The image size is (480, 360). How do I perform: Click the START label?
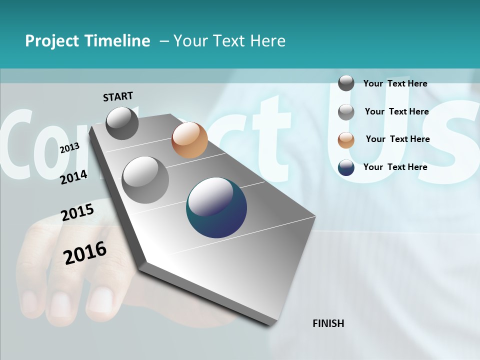tap(118, 96)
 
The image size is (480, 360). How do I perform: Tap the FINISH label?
tap(328, 323)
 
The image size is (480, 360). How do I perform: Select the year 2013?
tap(69, 148)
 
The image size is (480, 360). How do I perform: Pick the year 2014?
tap(73, 177)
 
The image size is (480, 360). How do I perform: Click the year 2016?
tap(85, 252)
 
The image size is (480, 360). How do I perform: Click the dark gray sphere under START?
tap(122, 123)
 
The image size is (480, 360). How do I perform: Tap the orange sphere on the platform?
tap(189, 140)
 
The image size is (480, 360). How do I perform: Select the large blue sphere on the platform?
tap(216, 207)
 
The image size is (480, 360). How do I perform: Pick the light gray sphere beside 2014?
tap(145, 180)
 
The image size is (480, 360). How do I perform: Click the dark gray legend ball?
tap(346, 83)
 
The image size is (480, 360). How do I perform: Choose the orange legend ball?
tap(346, 140)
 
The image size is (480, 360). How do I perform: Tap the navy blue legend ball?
tap(346, 167)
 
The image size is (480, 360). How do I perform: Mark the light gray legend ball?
tap(346, 112)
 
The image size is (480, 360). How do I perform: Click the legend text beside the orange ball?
tap(397, 139)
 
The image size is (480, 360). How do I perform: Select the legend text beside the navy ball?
tap(395, 167)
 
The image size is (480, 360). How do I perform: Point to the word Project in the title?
tap(52, 41)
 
